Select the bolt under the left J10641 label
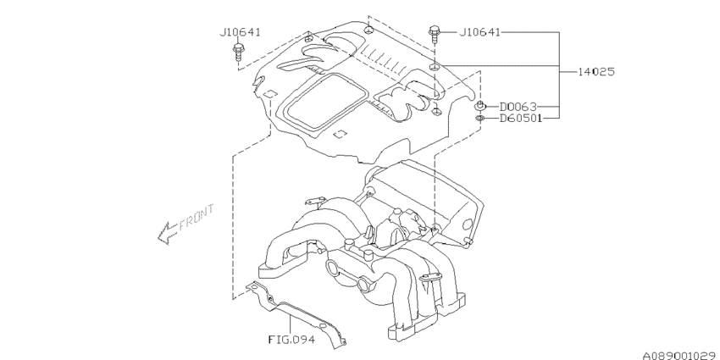(236, 54)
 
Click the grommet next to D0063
(479, 106)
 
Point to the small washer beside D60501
(479, 119)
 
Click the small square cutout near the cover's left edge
(269, 92)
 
